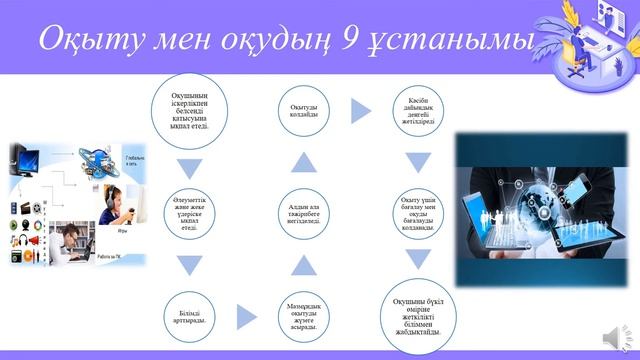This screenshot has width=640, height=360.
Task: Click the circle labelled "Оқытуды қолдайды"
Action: [x=304, y=111]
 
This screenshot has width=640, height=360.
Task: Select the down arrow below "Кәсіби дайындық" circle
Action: [x=419, y=163]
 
